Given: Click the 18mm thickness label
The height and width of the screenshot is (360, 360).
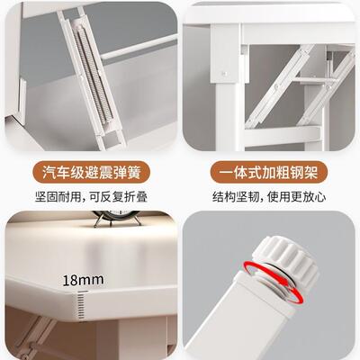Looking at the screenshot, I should tap(78, 281).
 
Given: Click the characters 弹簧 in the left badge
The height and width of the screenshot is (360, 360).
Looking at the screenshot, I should tap(125, 173).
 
